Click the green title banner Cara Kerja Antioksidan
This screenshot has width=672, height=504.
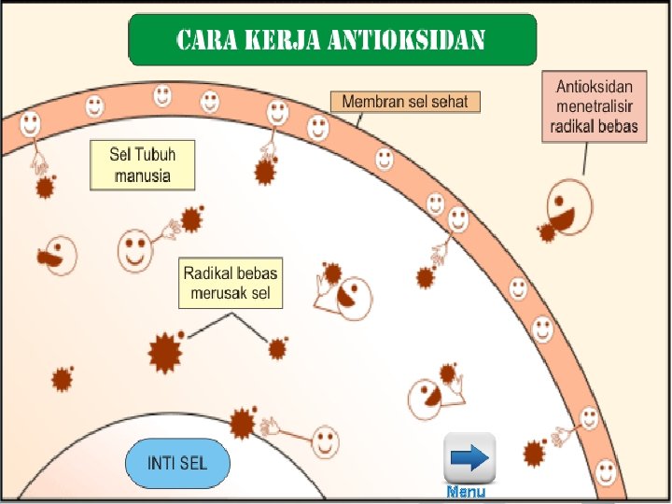[332, 39]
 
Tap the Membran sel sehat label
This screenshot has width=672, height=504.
[405, 101]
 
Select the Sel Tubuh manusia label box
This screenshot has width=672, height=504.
[143, 164]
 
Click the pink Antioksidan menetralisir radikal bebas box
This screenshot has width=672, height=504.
[595, 107]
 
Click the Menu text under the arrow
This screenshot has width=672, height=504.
[465, 492]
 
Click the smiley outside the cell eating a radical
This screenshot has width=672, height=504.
[567, 207]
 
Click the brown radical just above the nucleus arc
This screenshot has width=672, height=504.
[243, 424]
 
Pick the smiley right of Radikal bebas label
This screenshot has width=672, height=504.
[353, 297]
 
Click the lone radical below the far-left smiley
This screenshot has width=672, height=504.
[63, 379]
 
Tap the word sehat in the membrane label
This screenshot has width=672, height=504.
[454, 101]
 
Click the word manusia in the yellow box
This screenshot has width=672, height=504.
[142, 175]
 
